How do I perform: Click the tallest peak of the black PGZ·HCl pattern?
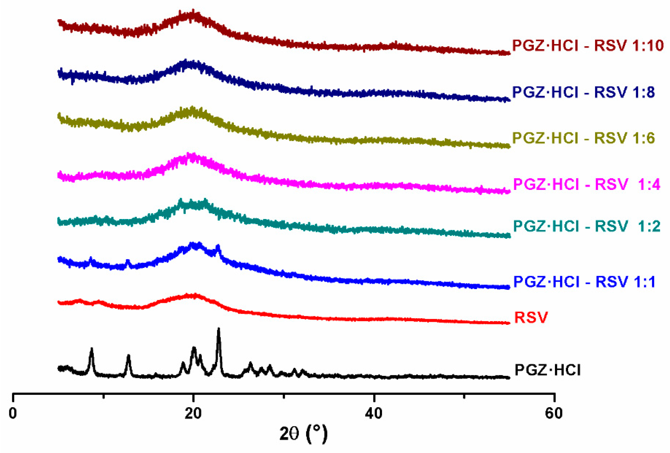click(218, 329)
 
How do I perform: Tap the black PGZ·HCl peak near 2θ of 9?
click(92, 349)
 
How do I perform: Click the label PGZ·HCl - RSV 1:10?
click(588, 45)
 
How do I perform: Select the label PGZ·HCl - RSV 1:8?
click(583, 92)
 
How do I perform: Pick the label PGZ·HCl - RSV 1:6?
click(583, 138)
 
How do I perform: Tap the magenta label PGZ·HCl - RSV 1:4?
click(586, 184)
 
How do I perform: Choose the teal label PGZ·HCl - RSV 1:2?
click(586, 226)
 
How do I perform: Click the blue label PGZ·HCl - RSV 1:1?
click(584, 281)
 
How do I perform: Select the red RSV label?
click(531, 317)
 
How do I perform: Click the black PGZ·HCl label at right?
click(547, 370)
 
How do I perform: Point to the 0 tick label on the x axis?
click(13, 413)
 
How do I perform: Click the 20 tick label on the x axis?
click(193, 413)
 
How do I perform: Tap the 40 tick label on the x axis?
click(374, 413)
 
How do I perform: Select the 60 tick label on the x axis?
click(554, 413)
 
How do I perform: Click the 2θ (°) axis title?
click(303, 434)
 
